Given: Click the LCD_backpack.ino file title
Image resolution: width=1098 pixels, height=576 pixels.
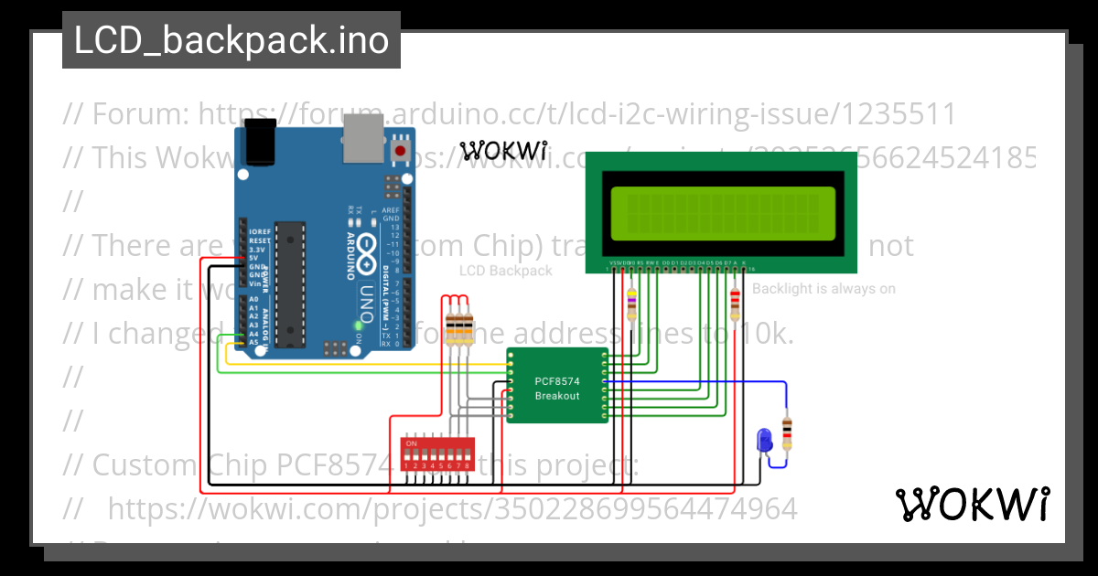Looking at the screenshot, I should click(231, 40).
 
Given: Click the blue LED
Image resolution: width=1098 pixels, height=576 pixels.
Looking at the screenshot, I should click(763, 441).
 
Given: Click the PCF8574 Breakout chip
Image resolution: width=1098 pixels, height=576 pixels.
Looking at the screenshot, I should click(557, 385).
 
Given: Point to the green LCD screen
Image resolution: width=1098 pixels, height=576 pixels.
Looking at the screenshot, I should click(723, 211).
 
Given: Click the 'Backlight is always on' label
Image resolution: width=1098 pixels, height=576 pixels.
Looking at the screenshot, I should click(823, 289).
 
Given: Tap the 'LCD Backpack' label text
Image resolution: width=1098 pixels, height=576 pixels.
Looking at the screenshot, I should click(505, 271).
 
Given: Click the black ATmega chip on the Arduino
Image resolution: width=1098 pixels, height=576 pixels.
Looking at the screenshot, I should click(289, 283).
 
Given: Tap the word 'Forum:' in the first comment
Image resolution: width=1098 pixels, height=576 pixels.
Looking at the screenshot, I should click(140, 114).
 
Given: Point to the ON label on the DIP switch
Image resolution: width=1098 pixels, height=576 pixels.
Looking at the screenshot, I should click(412, 443).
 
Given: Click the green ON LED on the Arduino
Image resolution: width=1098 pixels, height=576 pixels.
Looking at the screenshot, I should click(358, 325).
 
